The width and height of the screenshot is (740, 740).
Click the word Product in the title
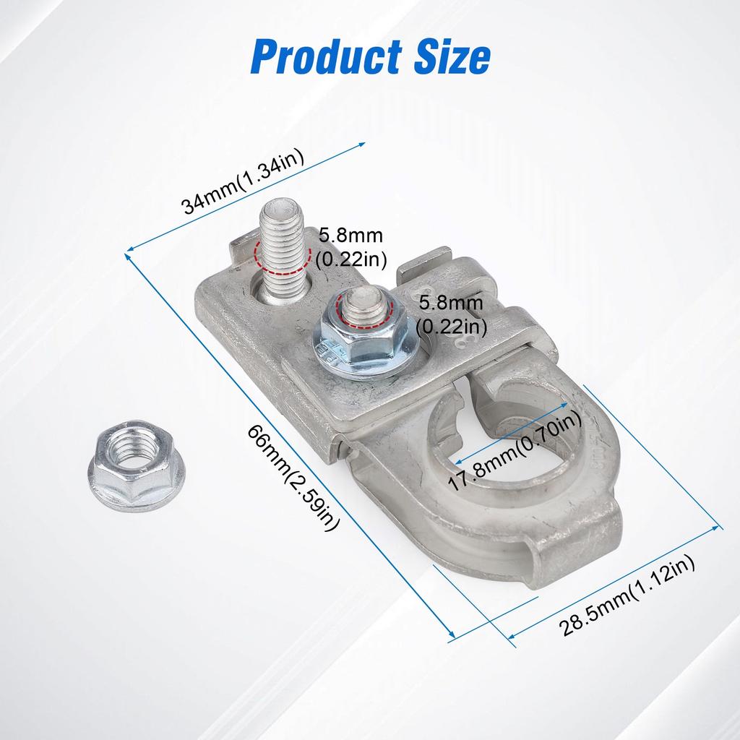click(326, 56)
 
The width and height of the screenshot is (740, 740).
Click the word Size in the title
click(452, 56)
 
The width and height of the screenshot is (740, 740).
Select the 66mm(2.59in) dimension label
click(293, 477)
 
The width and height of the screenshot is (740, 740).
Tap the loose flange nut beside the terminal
click(136, 465)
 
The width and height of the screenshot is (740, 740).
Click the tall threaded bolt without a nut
click(283, 251)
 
